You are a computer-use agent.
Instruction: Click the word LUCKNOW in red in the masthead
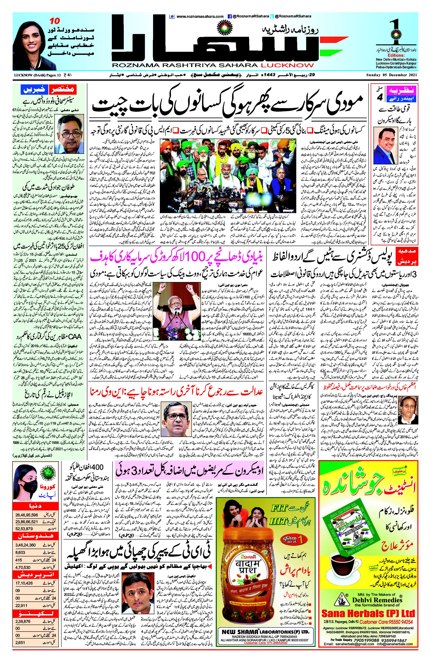point(287,65)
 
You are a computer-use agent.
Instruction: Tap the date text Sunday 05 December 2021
point(392,75)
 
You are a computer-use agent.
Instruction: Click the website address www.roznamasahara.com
point(200,16)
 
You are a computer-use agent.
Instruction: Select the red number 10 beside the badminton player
point(55,21)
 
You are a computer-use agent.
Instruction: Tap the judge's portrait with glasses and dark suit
point(177,419)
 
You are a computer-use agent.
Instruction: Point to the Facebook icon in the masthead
point(230,16)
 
